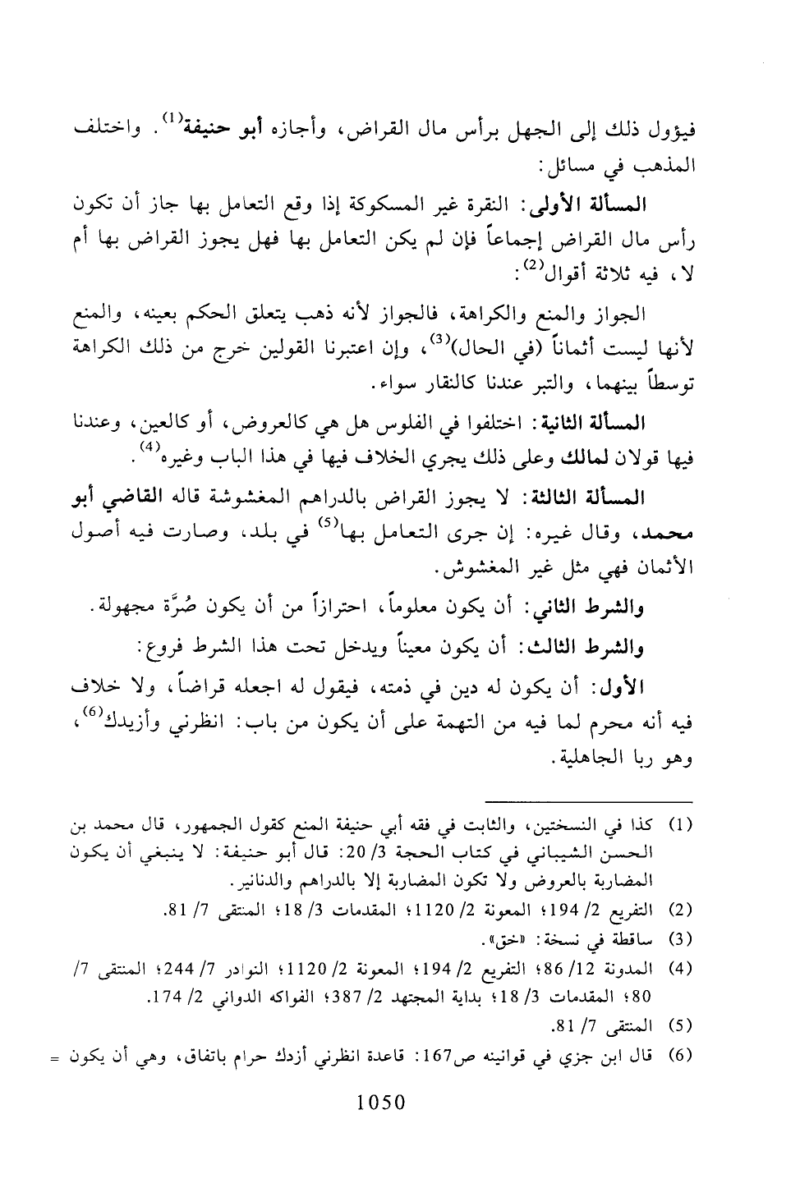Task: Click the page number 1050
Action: coord(383,1103)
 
